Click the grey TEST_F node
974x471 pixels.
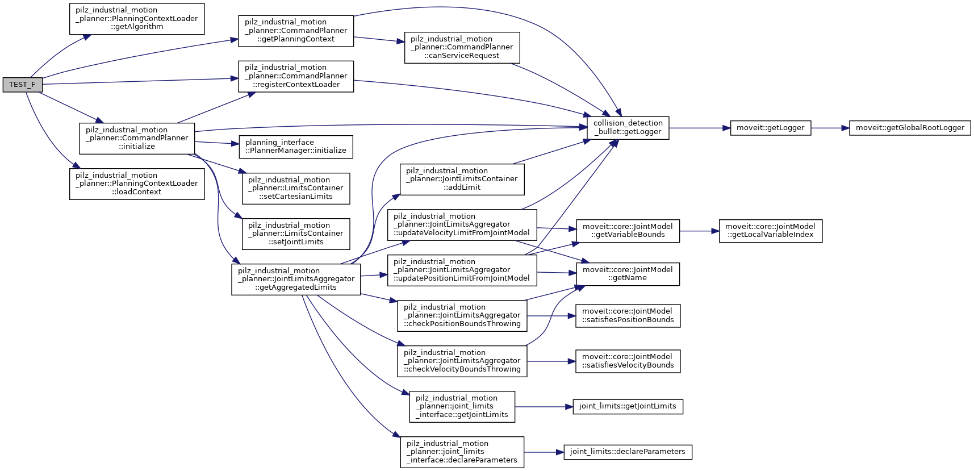[22, 85]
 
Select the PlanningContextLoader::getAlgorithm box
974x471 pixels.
[136, 19]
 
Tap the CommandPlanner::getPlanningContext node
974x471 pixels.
[295, 31]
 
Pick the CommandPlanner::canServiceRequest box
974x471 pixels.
[462, 48]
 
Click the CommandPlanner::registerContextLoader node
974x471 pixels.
[295, 76]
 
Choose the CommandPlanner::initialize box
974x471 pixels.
[136, 139]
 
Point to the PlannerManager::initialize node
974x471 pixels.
[295, 147]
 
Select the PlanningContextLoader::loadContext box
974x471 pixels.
[136, 184]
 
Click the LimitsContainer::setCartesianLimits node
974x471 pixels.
[295, 189]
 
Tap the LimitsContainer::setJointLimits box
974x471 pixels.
[295, 234]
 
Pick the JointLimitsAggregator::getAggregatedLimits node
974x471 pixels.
[295, 280]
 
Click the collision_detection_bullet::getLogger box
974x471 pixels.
[628, 128]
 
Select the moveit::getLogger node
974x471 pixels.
[770, 128]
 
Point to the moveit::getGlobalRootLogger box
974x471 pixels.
[909, 128]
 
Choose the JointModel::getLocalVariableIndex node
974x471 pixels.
[770, 231]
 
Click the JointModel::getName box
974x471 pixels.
[628, 274]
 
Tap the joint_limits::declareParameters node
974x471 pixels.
[628, 452]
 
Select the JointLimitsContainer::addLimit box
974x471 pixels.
[462, 180]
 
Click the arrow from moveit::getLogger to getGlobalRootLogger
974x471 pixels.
[830, 128]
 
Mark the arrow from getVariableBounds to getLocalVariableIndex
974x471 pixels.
[699, 231]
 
